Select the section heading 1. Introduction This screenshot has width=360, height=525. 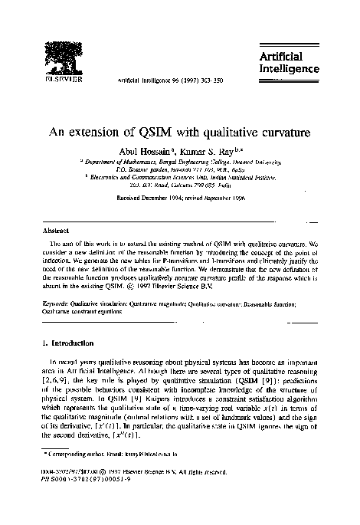(x=71, y=342)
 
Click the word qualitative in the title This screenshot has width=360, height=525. (x=222, y=131)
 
